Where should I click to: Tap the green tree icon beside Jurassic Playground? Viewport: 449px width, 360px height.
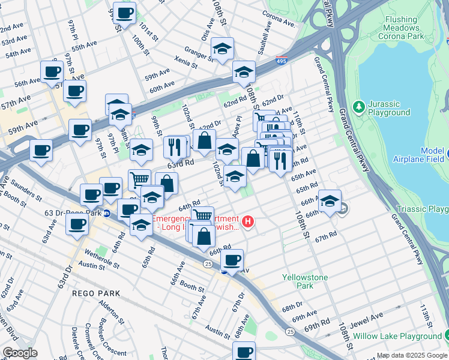pyautogui.click(x=359, y=106)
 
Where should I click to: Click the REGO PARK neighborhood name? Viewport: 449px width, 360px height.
pyautogui.click(x=96, y=293)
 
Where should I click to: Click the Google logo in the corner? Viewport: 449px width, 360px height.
pyautogui.click(x=20, y=353)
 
